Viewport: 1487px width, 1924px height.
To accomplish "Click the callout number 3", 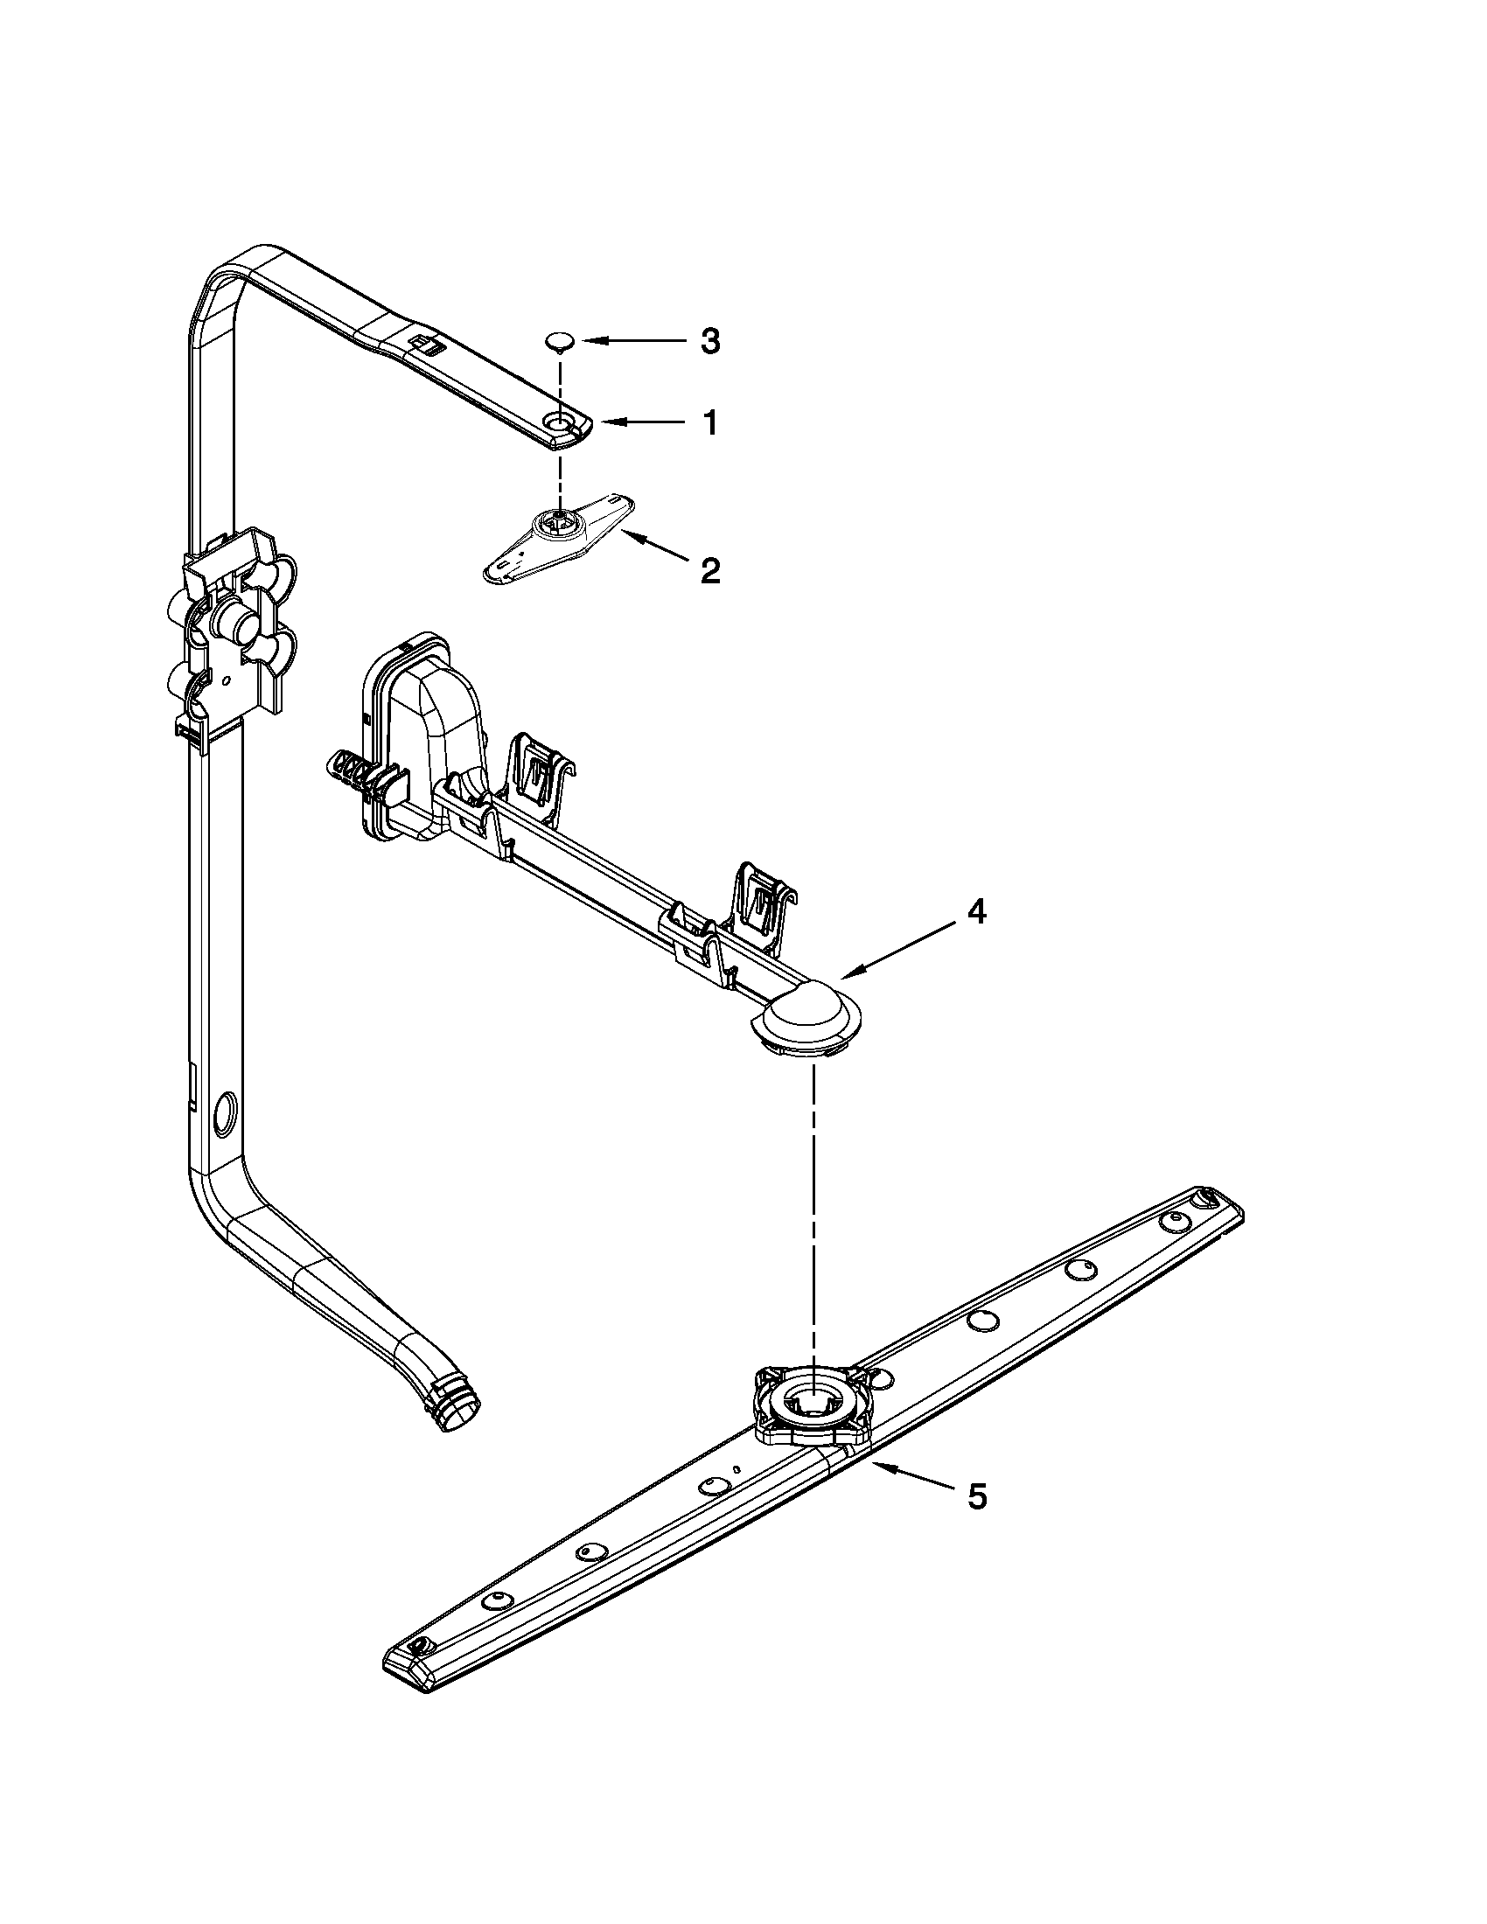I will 710,342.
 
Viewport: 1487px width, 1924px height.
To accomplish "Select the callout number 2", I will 710,571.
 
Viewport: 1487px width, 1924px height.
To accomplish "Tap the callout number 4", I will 975,913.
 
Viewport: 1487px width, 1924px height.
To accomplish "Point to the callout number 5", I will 977,1495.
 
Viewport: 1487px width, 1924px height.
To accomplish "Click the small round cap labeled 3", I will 560,339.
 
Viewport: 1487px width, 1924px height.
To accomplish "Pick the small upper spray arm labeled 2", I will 560,533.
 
